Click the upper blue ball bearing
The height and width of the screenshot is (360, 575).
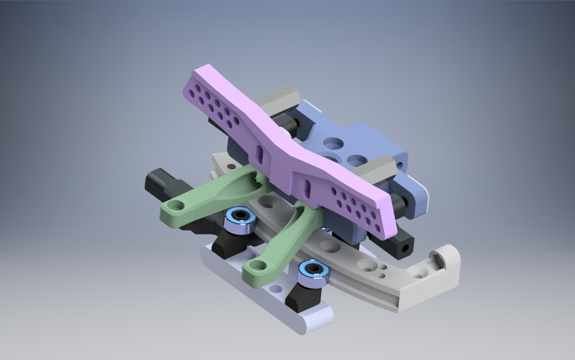click(240, 218)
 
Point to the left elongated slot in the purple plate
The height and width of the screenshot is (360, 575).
click(259, 153)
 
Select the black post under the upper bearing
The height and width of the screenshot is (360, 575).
click(229, 243)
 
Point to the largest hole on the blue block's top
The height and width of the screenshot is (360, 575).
click(333, 144)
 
